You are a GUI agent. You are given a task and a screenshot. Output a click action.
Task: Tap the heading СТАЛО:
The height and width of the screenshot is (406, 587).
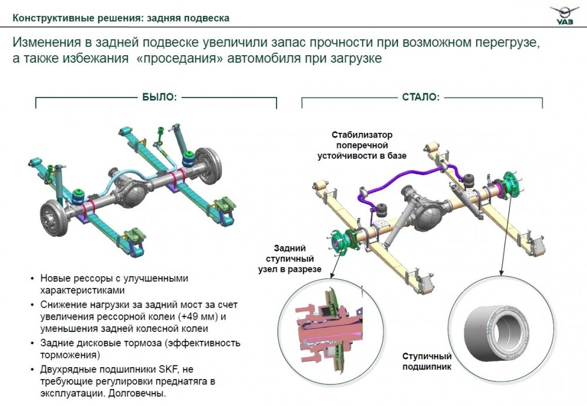point(420,97)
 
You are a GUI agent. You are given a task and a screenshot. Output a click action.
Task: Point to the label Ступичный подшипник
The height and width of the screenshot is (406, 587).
point(427,362)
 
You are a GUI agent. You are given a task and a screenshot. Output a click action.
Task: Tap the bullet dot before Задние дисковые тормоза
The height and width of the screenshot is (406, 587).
point(31,343)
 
